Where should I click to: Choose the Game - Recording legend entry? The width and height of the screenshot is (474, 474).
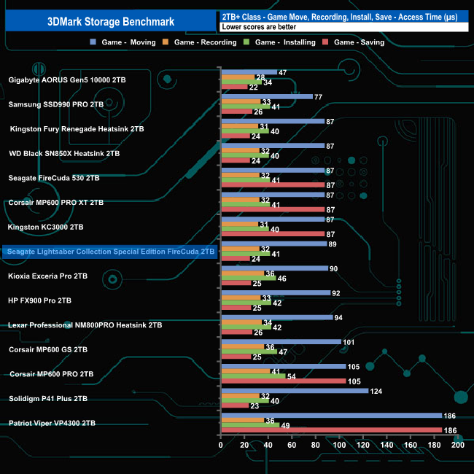click(204, 42)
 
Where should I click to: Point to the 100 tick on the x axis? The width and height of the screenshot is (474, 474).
click(339, 444)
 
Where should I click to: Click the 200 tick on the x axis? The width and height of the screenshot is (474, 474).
click(457, 444)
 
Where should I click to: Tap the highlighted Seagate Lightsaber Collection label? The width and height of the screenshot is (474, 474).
click(110, 251)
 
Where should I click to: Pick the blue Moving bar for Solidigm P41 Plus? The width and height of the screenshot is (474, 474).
click(294, 391)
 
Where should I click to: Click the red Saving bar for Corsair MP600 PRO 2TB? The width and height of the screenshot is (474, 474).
click(283, 381)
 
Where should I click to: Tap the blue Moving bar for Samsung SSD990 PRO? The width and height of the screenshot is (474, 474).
click(266, 96)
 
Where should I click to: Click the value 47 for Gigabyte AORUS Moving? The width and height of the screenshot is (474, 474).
click(283, 72)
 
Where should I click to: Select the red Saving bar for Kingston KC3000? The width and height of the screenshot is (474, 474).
click(272, 234)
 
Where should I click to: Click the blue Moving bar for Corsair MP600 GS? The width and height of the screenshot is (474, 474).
click(280, 341)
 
